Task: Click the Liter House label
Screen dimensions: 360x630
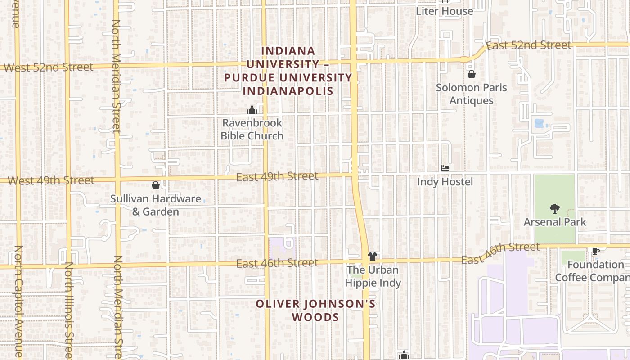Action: pyautogui.click(x=444, y=11)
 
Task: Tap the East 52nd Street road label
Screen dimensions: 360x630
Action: pyautogui.click(x=528, y=45)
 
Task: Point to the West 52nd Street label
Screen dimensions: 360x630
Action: pyautogui.click(x=49, y=67)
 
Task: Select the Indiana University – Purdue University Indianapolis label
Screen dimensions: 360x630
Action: pyautogui.click(x=288, y=71)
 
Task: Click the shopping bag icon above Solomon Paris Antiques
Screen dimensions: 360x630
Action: pyautogui.click(x=472, y=74)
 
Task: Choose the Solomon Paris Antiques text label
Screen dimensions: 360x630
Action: pyautogui.click(x=471, y=94)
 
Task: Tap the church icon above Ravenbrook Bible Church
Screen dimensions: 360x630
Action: pyautogui.click(x=252, y=110)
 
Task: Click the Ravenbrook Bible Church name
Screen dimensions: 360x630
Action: pyautogui.click(x=252, y=129)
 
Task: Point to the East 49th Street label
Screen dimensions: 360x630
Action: pyautogui.click(x=277, y=176)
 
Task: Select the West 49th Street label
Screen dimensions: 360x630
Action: pyautogui.click(x=51, y=181)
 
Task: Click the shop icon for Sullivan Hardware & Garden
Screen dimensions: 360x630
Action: pyautogui.click(x=156, y=185)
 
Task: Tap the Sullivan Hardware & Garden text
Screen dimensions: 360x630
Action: pyautogui.click(x=156, y=205)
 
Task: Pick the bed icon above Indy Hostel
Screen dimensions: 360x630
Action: pyautogui.click(x=445, y=168)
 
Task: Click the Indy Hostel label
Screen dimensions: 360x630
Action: pyautogui.click(x=445, y=182)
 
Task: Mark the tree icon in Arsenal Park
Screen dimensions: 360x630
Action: pyautogui.click(x=554, y=208)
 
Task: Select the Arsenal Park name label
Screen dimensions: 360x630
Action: pyautogui.click(x=555, y=222)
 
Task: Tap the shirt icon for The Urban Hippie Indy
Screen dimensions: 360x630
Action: pyautogui.click(x=372, y=256)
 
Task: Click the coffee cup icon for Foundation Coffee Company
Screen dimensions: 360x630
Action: pyautogui.click(x=595, y=251)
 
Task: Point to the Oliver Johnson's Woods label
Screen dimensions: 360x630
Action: pyautogui.click(x=315, y=310)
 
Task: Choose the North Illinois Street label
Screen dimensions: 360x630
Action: pyautogui.click(x=68, y=310)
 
